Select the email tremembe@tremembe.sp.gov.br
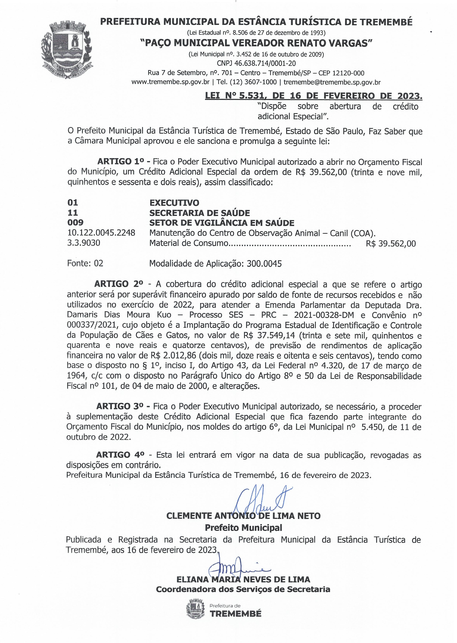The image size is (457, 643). (332, 82)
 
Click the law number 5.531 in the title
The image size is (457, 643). (249, 96)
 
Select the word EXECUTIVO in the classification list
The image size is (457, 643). (174, 203)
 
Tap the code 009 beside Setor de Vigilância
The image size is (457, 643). (75, 223)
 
